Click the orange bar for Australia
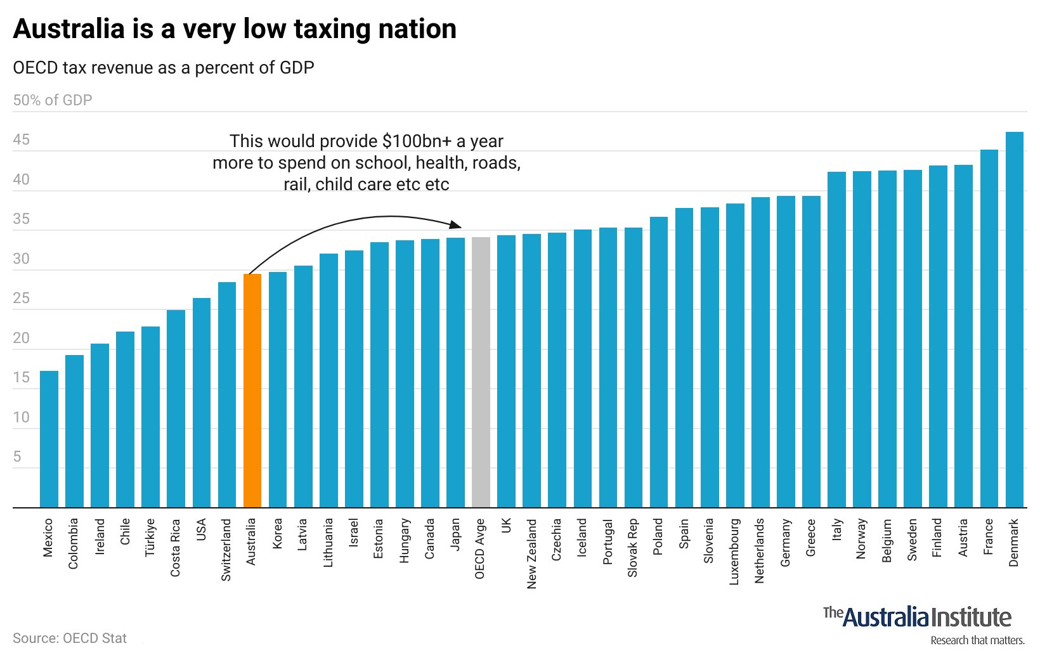pos(252,391)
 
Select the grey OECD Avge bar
pos(481,373)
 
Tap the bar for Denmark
pos(1014,320)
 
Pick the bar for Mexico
pos(49,439)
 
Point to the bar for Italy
pos(836,340)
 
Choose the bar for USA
pos(202,403)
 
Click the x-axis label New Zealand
pos(531,553)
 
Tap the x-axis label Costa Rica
pos(176,548)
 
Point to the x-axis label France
pos(989,536)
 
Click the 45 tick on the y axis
pos(22,140)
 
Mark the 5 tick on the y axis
pos(17,457)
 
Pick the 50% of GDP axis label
pos(53,100)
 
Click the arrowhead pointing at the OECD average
pos(455,224)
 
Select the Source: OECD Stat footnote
pos(70,638)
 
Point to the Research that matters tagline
pos(977,640)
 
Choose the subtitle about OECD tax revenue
pos(164,68)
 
